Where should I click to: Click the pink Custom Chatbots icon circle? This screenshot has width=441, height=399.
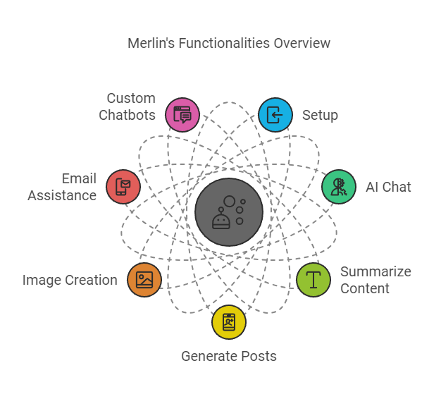point(182,115)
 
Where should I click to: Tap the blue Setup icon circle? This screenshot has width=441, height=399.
point(275,115)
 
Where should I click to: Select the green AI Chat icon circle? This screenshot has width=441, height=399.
point(339,187)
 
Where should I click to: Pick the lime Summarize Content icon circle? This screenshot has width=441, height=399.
point(313,280)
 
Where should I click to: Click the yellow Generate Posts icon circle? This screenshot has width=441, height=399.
point(229,322)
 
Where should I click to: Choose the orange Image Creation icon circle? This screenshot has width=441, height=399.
point(144,280)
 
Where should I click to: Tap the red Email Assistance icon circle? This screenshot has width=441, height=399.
point(123,187)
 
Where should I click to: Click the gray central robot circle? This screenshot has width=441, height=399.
point(229,212)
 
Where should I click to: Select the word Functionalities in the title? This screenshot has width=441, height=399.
point(225,43)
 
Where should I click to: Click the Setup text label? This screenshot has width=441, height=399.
point(320,116)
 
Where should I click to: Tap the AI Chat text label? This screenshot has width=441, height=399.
point(388,187)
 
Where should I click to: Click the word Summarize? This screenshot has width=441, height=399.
point(375,271)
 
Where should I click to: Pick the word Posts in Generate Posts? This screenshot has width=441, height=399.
point(259,356)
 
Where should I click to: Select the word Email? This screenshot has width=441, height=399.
point(79,178)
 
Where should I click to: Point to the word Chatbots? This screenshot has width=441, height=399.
point(127,115)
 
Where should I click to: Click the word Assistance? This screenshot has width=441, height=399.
point(62,195)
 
